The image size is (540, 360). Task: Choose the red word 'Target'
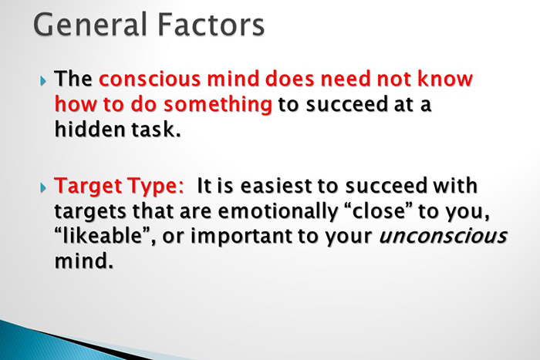(86, 187)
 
